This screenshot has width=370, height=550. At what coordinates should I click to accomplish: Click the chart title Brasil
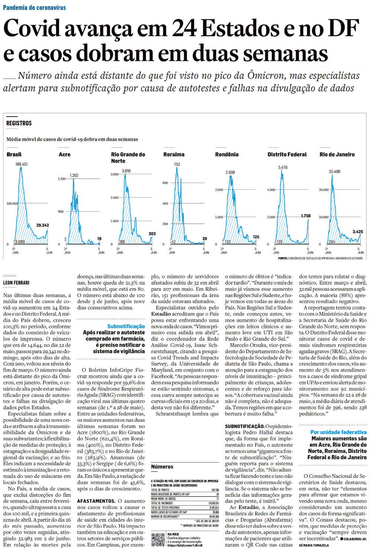(14, 154)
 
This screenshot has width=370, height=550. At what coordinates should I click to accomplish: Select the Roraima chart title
(174, 154)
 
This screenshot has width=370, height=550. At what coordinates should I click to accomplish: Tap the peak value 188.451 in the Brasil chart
(22, 164)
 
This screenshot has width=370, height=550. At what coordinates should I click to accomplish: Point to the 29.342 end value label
(42, 225)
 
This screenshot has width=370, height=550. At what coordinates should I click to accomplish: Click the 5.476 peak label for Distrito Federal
(283, 168)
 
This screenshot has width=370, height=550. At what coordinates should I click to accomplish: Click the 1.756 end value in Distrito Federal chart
(306, 216)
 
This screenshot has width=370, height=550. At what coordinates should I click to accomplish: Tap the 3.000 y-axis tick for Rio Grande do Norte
(114, 174)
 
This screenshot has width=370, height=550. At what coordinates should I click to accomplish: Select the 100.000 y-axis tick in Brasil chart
(12, 203)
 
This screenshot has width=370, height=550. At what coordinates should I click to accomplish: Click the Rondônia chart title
(227, 154)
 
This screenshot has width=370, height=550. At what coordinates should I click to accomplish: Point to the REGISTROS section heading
(19, 123)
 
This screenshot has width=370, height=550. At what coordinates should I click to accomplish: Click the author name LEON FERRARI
(16, 283)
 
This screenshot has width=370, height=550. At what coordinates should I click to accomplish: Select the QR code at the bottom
(158, 540)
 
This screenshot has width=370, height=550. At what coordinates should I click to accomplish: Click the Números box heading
(162, 466)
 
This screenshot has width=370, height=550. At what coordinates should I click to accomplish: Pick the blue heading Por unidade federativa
(338, 432)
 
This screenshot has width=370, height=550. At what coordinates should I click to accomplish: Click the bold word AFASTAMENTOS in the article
(96, 501)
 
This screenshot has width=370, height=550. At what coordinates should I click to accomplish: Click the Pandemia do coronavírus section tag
(34, 7)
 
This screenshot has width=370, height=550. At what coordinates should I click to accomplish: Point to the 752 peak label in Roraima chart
(177, 164)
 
